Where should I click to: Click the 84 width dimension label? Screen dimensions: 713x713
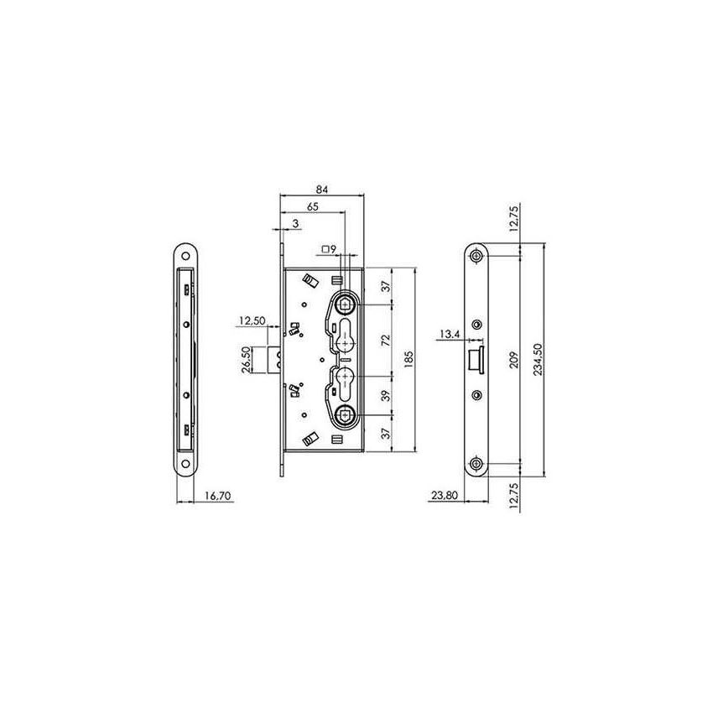(322, 189)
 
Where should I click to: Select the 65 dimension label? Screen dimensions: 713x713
(311, 206)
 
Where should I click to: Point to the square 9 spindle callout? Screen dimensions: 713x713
(329, 249)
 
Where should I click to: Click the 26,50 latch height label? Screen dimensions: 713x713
(246, 359)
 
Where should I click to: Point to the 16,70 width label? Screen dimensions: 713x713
(216, 497)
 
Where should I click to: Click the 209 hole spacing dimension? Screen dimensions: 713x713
(513, 359)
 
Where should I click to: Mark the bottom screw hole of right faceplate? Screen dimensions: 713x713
(476, 463)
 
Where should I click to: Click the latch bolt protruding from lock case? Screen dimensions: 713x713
(274, 359)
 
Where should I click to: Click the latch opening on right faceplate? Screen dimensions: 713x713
(474, 359)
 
